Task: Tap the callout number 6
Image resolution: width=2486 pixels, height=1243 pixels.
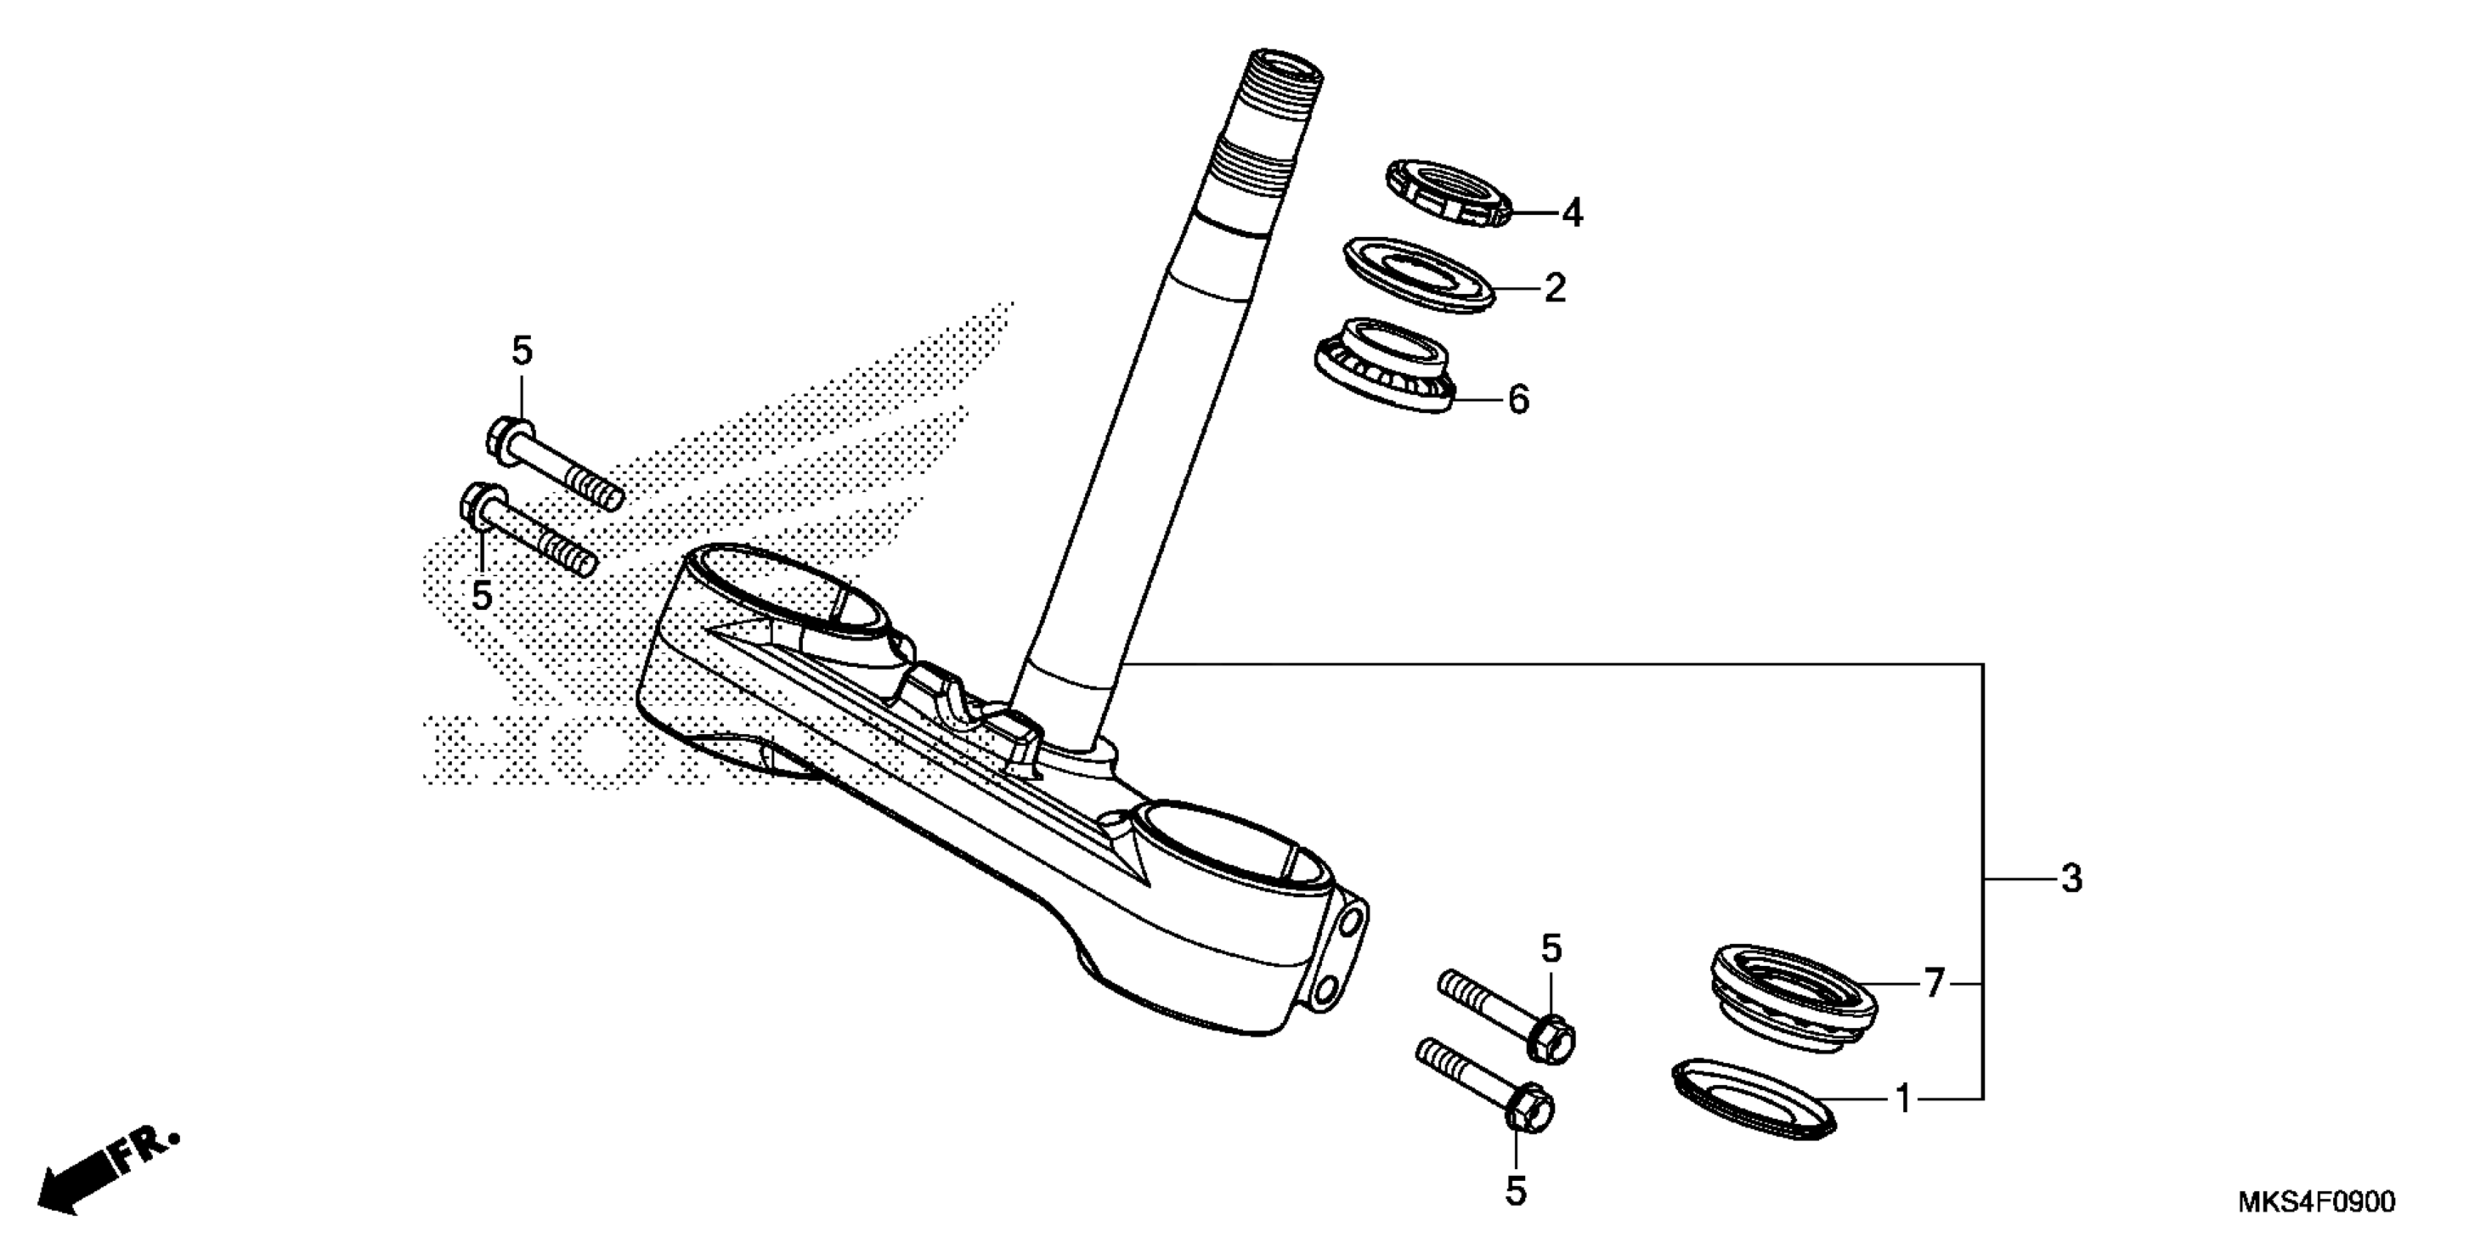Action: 1518,398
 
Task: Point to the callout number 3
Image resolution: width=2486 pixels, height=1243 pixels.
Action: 2071,879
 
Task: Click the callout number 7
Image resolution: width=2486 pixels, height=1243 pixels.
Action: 1933,984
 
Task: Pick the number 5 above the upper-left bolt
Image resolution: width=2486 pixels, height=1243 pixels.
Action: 521,351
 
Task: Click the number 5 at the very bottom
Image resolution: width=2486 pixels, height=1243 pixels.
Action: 1516,1193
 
